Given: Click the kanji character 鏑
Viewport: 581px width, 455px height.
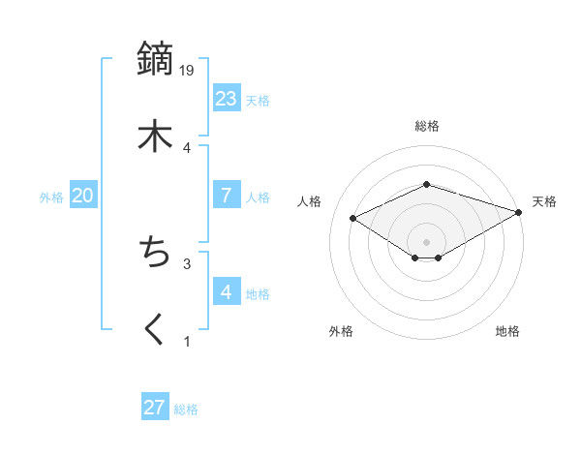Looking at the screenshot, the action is (155, 60).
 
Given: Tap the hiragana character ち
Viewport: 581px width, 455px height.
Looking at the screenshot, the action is (155, 253).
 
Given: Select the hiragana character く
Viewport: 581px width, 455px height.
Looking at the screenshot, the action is (155, 329).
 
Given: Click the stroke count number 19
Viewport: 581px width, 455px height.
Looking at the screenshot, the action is (188, 70).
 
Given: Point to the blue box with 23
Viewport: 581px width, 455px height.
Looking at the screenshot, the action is (227, 98).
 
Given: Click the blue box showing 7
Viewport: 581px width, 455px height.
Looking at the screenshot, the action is (227, 195).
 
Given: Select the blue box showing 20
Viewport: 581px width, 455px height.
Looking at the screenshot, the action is (82, 196).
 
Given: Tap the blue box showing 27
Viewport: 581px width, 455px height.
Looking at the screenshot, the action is (155, 408).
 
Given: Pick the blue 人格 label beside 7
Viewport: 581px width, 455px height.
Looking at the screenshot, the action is (258, 197).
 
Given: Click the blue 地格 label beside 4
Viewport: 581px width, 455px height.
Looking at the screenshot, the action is (258, 294).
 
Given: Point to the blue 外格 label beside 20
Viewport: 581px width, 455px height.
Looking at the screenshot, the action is (51, 197).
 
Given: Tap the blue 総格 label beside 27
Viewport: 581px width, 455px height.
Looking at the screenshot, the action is (186, 409).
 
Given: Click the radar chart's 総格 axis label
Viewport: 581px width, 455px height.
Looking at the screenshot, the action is (427, 126).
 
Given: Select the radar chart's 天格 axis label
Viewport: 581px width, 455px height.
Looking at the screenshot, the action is (544, 201).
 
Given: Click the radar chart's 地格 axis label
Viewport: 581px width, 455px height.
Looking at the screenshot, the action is (507, 331).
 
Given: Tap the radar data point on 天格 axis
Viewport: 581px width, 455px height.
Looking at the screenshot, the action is (520, 211).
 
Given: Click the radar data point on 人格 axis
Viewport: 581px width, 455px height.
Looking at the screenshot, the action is (353, 217).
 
